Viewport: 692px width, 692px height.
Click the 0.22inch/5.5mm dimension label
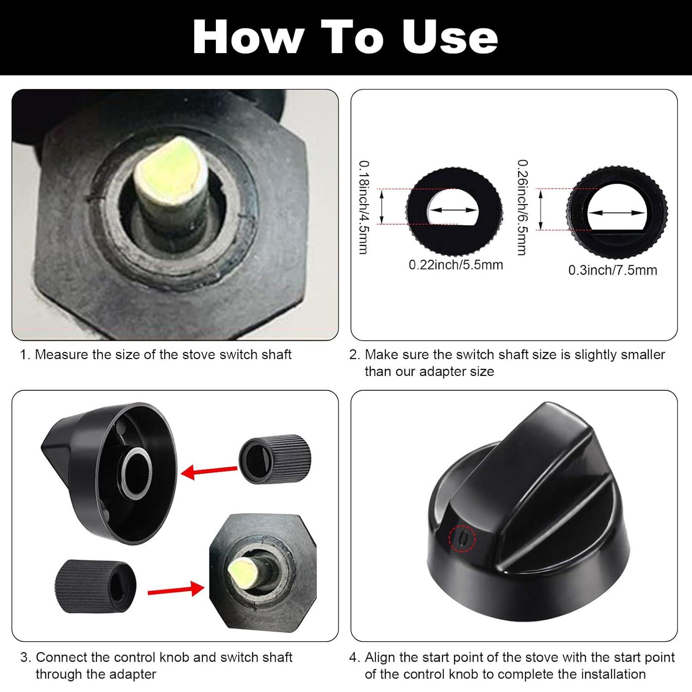[456, 265]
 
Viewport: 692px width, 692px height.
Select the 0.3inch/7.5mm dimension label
[613, 270]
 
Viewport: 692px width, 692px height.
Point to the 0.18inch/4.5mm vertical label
[364, 207]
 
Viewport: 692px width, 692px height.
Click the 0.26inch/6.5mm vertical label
[522, 207]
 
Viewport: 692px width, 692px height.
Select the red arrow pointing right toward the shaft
[175, 590]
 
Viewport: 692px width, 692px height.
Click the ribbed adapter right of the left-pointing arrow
[275, 459]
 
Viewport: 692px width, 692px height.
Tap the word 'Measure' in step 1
[62, 354]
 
